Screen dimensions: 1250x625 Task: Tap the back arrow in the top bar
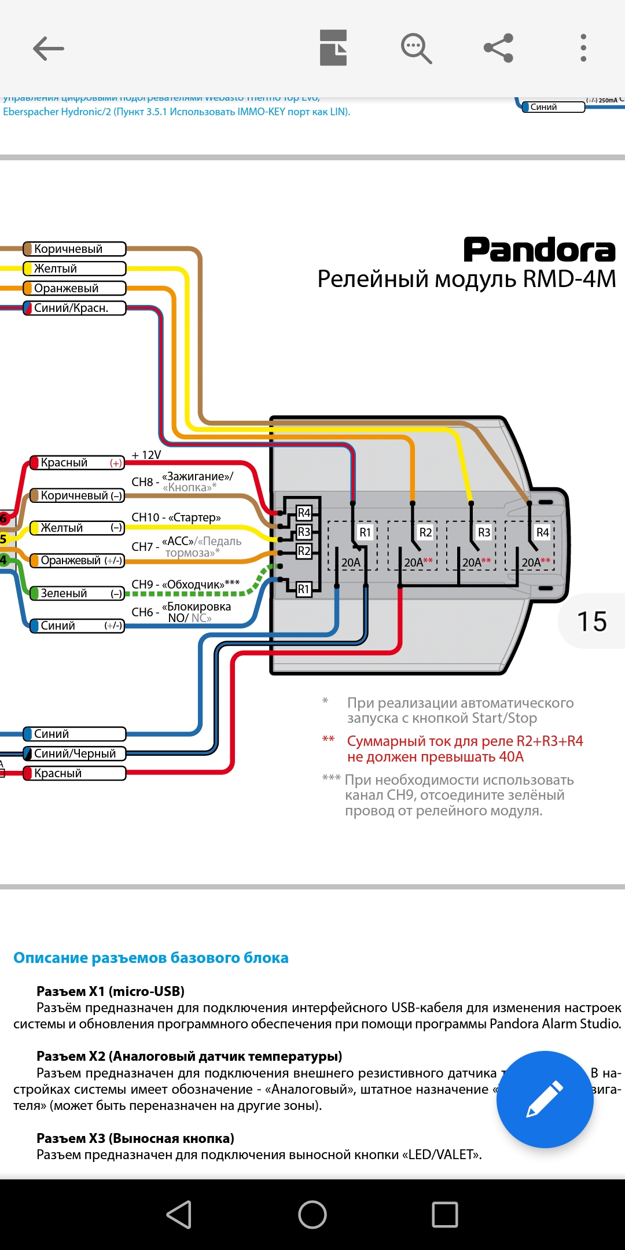pos(49,48)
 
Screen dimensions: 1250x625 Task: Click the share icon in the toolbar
pos(499,48)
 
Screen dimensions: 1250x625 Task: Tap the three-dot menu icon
pos(583,48)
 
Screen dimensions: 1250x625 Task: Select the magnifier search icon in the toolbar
pos(416,48)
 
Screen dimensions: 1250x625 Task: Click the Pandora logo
pos(539,250)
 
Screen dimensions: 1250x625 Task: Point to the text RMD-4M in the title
pos(569,280)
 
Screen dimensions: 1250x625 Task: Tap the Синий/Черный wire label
pos(74,753)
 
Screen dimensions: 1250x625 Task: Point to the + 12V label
pos(146,455)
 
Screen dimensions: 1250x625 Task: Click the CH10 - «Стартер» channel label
pos(176,517)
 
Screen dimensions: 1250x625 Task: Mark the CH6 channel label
pos(142,612)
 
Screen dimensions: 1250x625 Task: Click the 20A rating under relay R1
pos(351,562)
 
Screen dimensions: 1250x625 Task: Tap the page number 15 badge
pos(592,622)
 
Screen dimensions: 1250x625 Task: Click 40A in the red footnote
pos(511,757)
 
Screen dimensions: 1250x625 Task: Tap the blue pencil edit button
pos(545,1099)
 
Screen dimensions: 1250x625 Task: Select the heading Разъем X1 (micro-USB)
pos(111,991)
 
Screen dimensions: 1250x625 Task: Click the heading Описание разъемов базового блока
pos(151,958)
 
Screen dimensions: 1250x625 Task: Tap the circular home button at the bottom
pos(312,1214)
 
